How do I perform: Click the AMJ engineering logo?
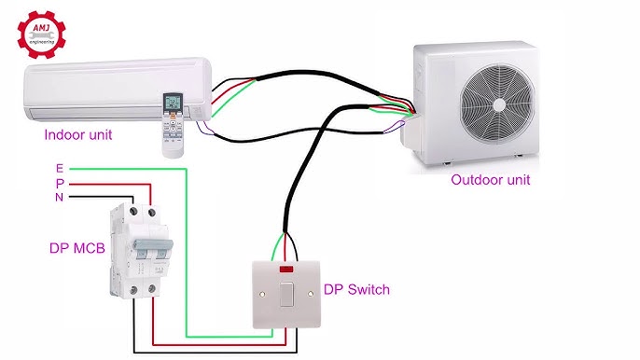tap(44, 32)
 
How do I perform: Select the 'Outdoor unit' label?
tap(490, 180)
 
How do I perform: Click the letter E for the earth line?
tap(60, 168)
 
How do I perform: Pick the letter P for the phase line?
tap(60, 183)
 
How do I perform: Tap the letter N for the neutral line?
tap(60, 198)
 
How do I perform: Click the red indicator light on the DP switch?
tap(286, 271)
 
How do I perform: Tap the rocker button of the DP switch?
tap(286, 297)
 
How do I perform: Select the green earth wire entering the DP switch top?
tap(276, 247)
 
